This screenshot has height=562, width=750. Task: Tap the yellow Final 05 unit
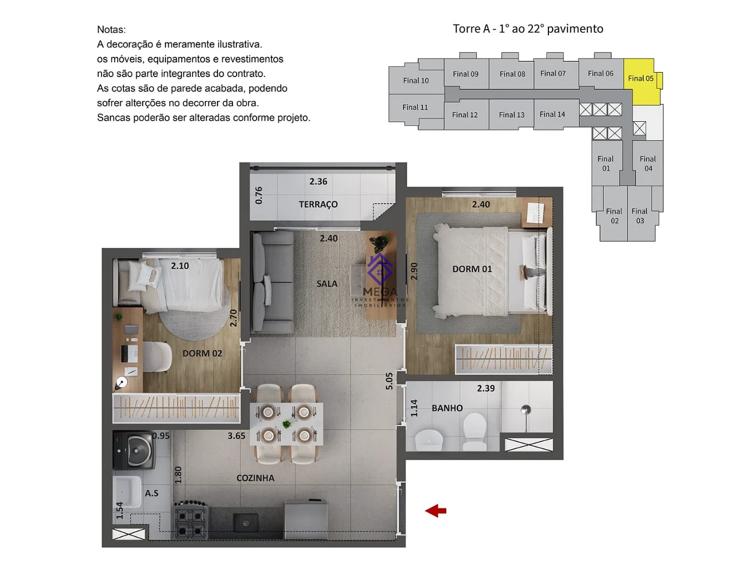[x=641, y=81]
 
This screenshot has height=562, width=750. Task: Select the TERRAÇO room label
[x=318, y=204]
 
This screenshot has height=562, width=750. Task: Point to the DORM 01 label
[x=472, y=269]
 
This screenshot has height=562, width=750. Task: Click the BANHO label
[x=447, y=408]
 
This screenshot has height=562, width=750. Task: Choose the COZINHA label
[x=255, y=478]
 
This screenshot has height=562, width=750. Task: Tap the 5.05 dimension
[x=389, y=381]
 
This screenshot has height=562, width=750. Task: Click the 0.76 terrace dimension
[x=259, y=195]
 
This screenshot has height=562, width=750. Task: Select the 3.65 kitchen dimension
[x=237, y=435]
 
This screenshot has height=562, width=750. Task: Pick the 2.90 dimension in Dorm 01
[x=414, y=271]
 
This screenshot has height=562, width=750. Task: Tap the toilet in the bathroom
[x=474, y=432]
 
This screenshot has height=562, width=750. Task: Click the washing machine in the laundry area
[x=134, y=450]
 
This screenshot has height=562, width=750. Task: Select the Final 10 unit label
[x=415, y=81]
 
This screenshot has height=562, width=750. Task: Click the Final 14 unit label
[x=552, y=114]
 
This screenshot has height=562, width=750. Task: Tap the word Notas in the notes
[x=111, y=30]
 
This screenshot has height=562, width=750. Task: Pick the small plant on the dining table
[x=287, y=424]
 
